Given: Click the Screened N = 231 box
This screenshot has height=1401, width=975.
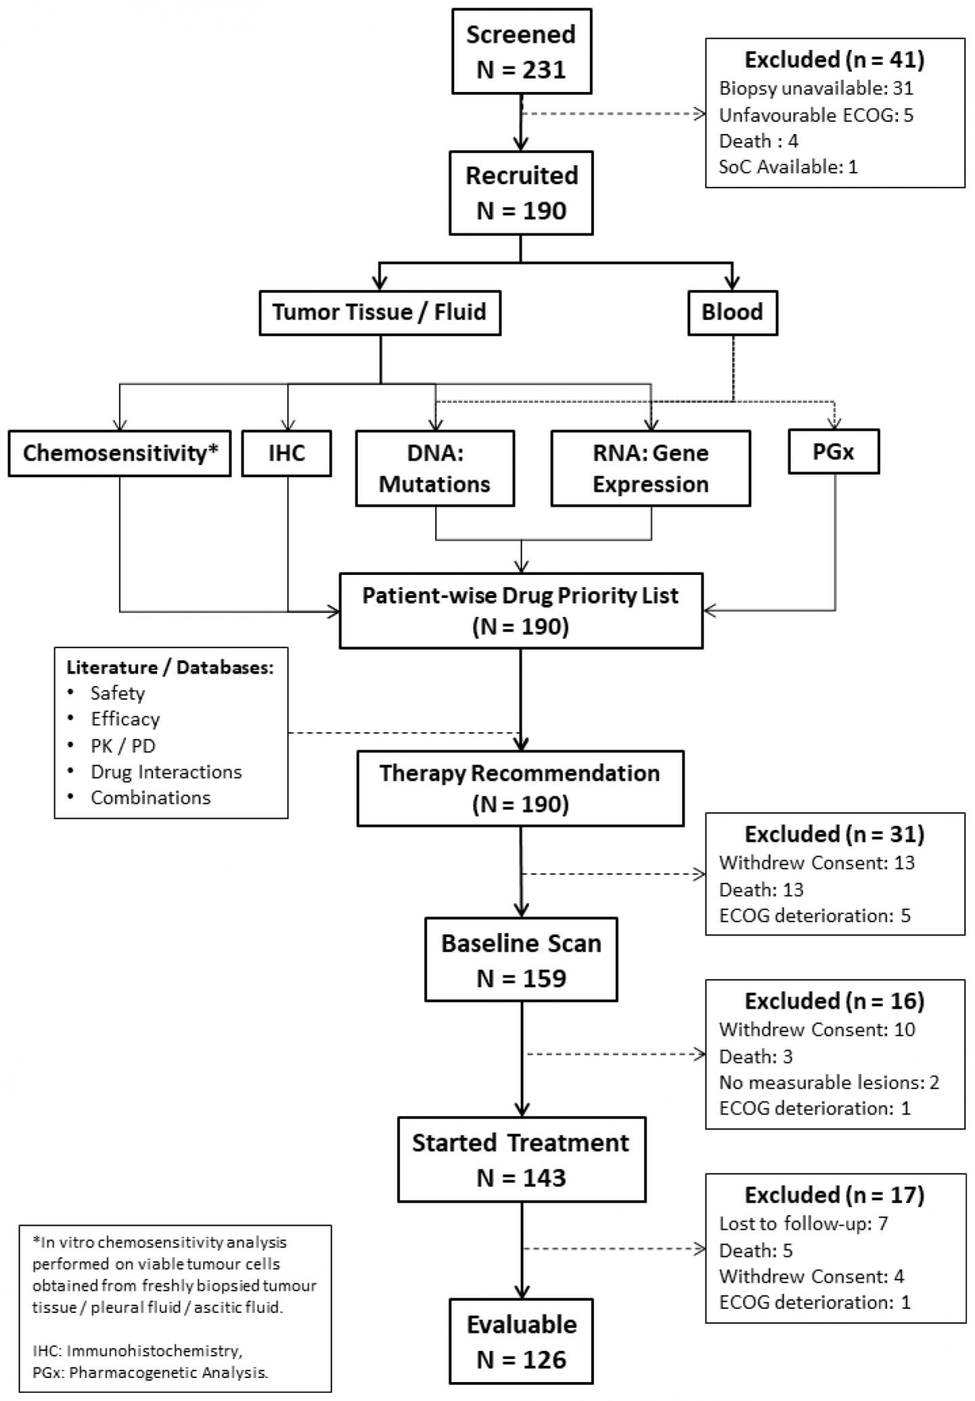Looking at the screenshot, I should pyautogui.click(x=521, y=51).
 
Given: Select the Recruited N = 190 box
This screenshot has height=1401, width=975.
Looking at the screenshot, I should pyautogui.click(x=521, y=193).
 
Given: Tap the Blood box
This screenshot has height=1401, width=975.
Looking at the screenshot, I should pyautogui.click(x=732, y=312).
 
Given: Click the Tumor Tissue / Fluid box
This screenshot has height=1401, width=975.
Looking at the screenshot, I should pyautogui.click(x=379, y=312).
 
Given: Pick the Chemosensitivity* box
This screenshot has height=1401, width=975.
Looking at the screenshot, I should pyautogui.click(x=120, y=453).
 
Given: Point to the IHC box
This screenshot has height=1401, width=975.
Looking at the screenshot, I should pyautogui.click(x=287, y=453).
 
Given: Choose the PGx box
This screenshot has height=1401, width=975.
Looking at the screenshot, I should pyautogui.click(x=833, y=452).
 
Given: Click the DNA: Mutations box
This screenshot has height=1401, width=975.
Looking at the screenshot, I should pyautogui.click(x=435, y=469).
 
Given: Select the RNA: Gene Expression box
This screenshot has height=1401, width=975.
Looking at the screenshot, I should pyautogui.click(x=650, y=469).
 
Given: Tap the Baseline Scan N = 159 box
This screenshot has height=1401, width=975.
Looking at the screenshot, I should pyautogui.click(x=521, y=960).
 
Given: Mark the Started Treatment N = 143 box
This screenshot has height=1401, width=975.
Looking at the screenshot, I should pyautogui.click(x=521, y=1159).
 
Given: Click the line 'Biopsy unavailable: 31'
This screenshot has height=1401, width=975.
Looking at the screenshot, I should pyautogui.click(x=815, y=88).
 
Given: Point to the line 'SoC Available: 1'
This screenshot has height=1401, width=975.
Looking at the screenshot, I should pyautogui.click(x=787, y=167).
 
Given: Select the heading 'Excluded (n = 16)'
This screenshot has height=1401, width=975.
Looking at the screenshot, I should pyautogui.click(x=834, y=1001).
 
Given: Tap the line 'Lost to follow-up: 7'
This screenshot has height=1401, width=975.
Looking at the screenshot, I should pyautogui.click(x=803, y=1224).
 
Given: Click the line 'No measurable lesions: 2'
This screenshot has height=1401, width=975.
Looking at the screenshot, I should pyautogui.click(x=829, y=1082).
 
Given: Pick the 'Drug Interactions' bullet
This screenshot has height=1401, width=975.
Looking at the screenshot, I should pyautogui.click(x=166, y=772).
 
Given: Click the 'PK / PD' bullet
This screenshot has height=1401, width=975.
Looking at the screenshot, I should pyautogui.click(x=123, y=746).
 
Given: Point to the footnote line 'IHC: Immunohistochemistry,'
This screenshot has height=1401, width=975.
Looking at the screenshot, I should pyautogui.click(x=137, y=1351).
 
